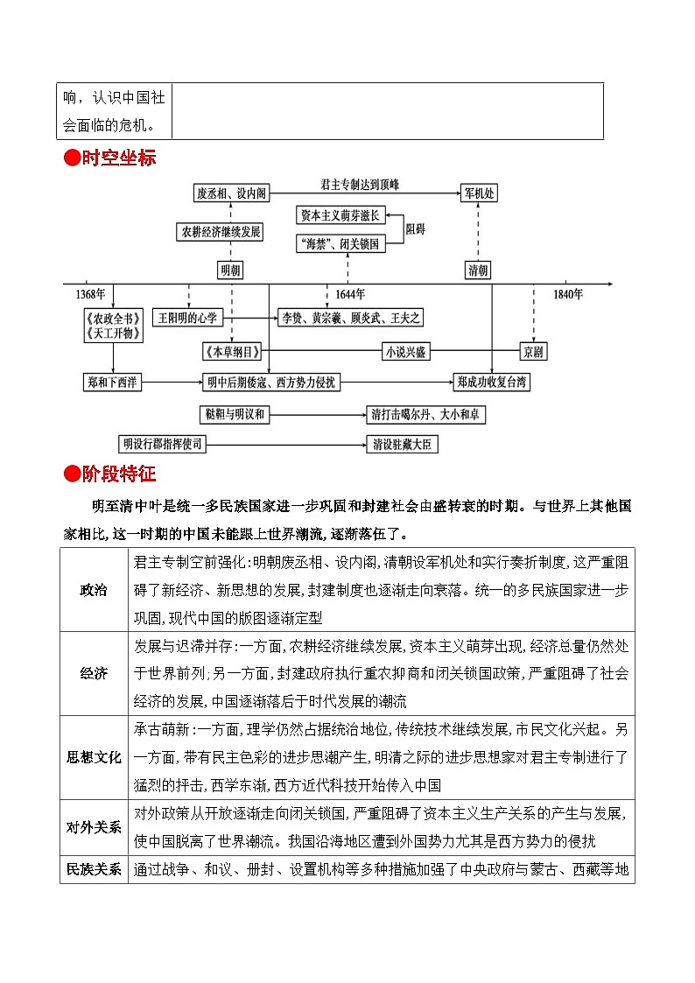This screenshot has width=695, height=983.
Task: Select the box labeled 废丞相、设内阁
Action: pos(230,193)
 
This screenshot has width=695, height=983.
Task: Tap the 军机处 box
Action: pos(480,193)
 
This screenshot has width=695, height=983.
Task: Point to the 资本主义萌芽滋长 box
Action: pos(340,214)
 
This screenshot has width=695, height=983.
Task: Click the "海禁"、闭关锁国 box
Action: pos(340,244)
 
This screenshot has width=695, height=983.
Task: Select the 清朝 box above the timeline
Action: pos(478,270)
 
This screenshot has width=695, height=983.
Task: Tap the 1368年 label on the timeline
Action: pos(90,294)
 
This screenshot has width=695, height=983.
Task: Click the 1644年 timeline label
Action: pos(349,294)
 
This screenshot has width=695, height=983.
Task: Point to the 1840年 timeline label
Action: pos(567,294)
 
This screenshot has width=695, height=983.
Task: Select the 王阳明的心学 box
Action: pos(186,318)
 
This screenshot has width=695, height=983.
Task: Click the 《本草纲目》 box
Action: pos(232,352)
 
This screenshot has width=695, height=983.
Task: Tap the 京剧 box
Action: pos(532,352)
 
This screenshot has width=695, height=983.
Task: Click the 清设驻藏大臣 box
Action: pos(402,445)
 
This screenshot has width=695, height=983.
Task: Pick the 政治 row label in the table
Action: pos(94,590)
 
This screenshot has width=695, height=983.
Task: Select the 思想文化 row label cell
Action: pos(94,757)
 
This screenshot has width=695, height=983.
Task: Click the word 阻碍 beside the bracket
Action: pos(416,229)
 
